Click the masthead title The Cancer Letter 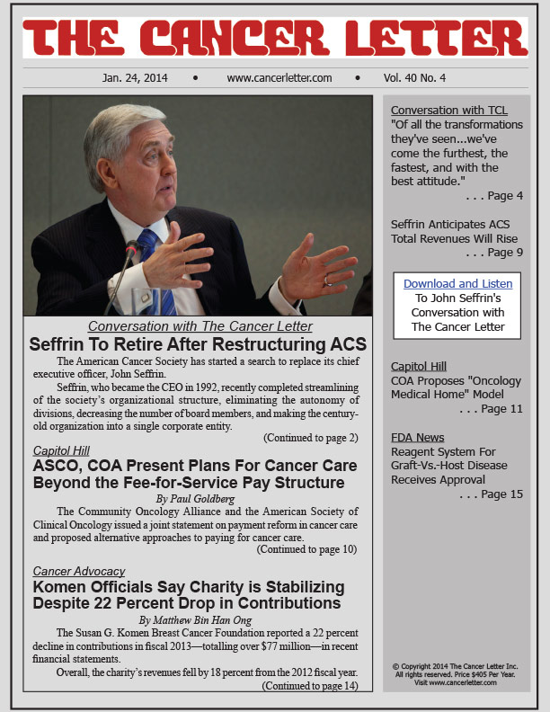pyautogui.click(x=274, y=39)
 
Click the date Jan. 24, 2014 pyautogui.click(x=135, y=78)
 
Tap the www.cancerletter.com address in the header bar pyautogui.click(x=279, y=78)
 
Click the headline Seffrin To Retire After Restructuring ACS pyautogui.click(x=198, y=344)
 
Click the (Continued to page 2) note pyautogui.click(x=310, y=438)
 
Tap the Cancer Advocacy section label pyautogui.click(x=78, y=571)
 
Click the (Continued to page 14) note pyautogui.click(x=309, y=686)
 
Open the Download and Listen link pyautogui.click(x=457, y=283)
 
